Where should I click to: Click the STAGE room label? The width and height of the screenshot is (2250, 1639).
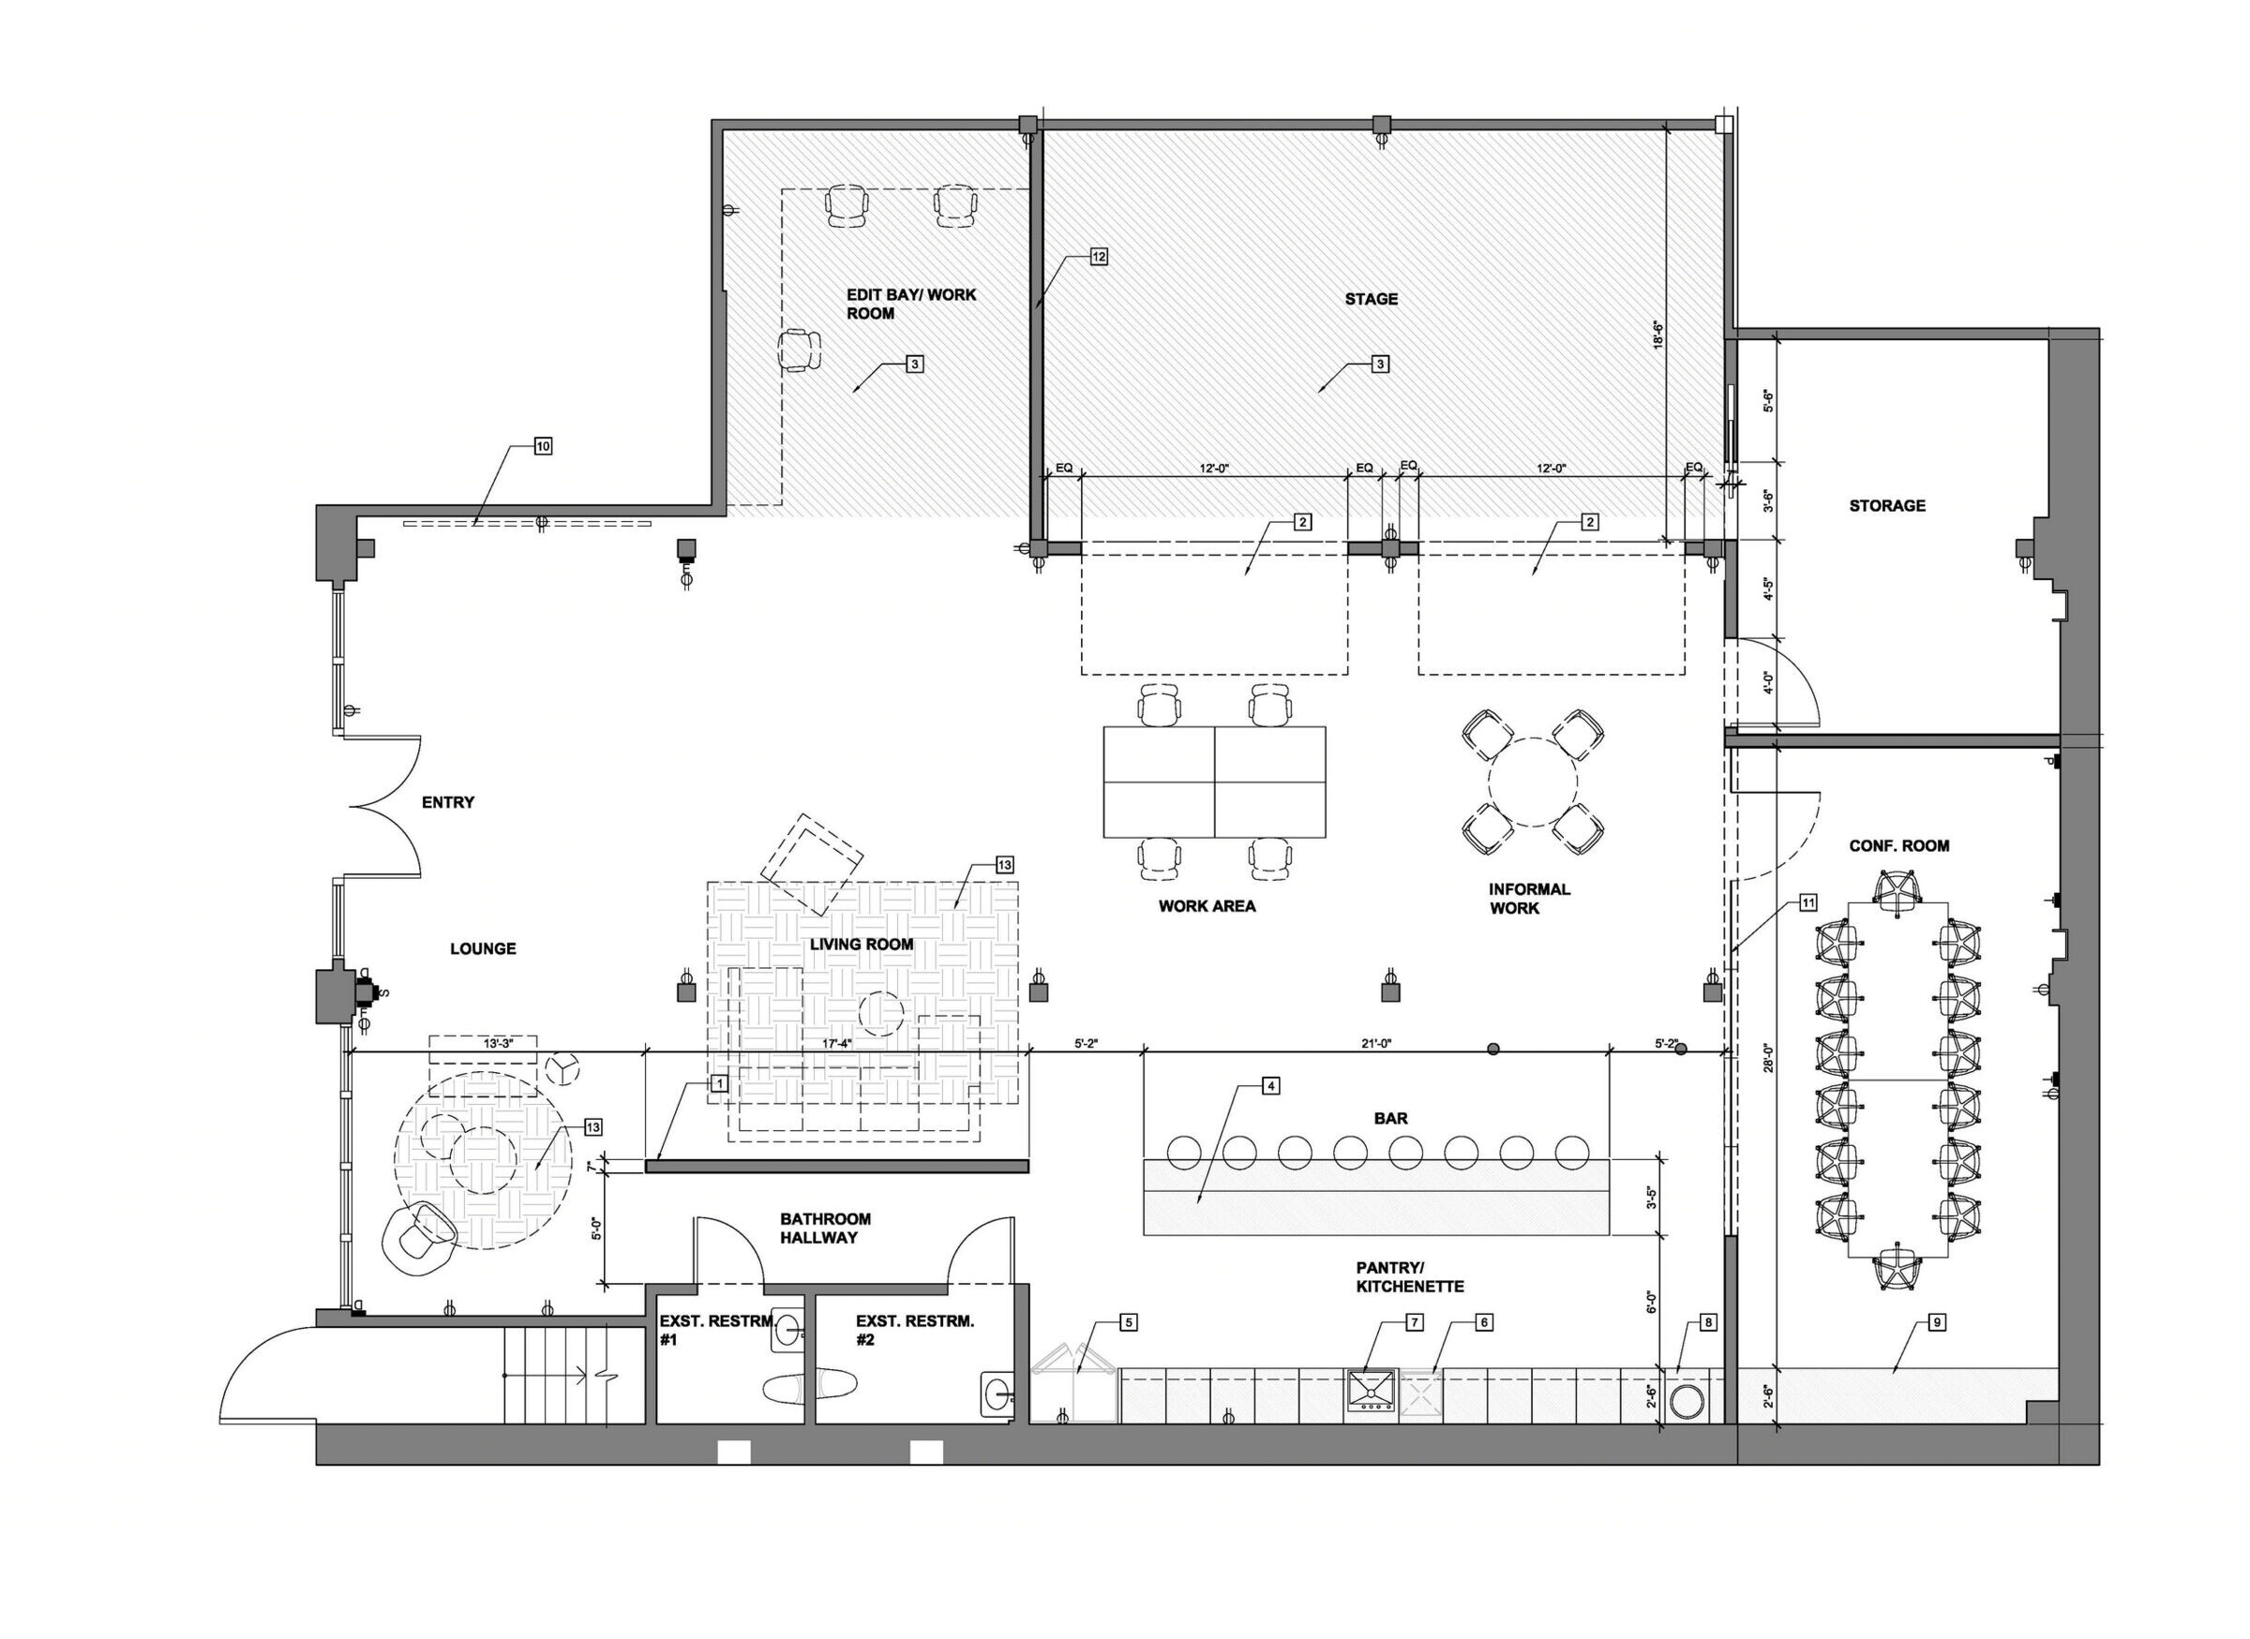[1371, 299]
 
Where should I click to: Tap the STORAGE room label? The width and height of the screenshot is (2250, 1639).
[1887, 505]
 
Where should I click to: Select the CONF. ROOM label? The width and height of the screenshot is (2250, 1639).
[1898, 845]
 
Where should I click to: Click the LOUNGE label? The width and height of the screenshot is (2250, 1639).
[483, 948]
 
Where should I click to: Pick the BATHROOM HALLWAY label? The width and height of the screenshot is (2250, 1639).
[825, 1228]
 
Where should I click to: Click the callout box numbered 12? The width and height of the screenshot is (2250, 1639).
[1099, 257]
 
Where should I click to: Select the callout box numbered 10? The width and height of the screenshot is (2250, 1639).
[543, 446]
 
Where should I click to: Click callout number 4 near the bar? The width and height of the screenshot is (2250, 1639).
[1270, 1085]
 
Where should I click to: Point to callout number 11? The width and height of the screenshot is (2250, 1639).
[1807, 901]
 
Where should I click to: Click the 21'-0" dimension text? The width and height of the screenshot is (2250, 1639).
[1375, 1043]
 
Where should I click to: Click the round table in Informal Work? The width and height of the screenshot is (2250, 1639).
[1533, 782]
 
